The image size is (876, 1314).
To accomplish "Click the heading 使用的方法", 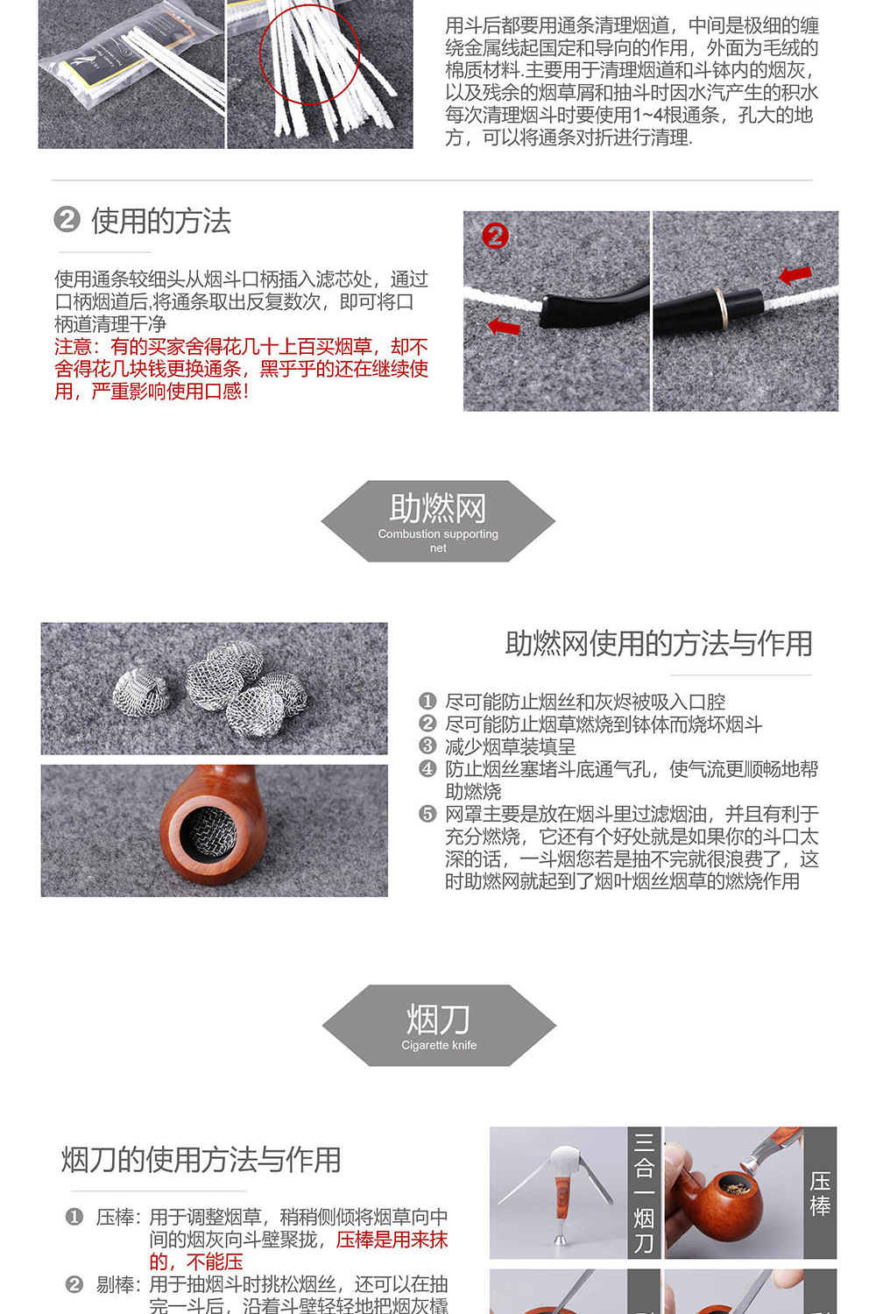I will tap(160, 221).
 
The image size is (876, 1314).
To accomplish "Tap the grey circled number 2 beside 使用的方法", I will tap(67, 219).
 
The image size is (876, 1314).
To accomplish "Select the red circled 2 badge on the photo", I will tap(495, 236).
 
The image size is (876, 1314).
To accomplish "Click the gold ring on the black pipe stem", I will tap(720, 302).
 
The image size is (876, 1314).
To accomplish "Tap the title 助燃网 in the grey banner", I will tap(437, 508).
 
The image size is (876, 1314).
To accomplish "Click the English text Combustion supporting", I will tap(437, 533).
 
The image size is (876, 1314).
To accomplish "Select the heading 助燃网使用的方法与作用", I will tap(658, 643).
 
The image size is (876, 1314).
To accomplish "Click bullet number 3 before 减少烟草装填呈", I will tap(427, 746).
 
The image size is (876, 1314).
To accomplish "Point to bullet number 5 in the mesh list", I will tap(427, 814).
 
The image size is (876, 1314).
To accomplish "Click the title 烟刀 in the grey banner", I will tap(438, 1019).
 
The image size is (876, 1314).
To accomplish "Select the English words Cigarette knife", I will tap(439, 1045).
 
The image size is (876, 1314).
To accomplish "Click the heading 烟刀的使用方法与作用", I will tap(201, 1159).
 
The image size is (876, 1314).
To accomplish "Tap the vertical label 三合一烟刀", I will tap(644, 1191).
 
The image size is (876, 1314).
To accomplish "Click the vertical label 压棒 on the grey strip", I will tap(820, 1193).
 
